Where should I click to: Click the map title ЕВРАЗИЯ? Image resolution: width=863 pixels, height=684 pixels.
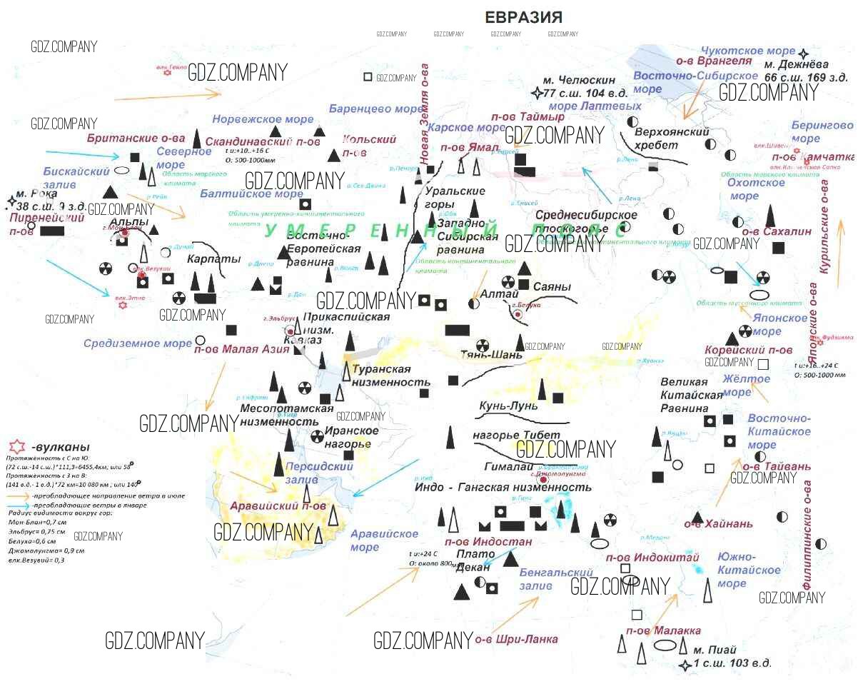(524, 18)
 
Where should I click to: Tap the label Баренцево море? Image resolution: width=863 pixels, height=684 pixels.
(376, 109)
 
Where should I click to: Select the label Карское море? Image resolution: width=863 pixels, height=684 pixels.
(462, 128)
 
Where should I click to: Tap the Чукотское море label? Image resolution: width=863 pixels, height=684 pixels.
(747, 51)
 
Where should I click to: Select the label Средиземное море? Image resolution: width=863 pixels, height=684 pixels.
(138, 343)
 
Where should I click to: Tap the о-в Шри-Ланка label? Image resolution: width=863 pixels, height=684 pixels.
(516, 639)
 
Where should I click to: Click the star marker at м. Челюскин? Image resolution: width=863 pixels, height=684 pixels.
(537, 93)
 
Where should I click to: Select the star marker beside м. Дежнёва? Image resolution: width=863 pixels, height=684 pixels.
(804, 54)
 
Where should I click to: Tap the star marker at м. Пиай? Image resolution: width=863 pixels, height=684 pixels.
(685, 665)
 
